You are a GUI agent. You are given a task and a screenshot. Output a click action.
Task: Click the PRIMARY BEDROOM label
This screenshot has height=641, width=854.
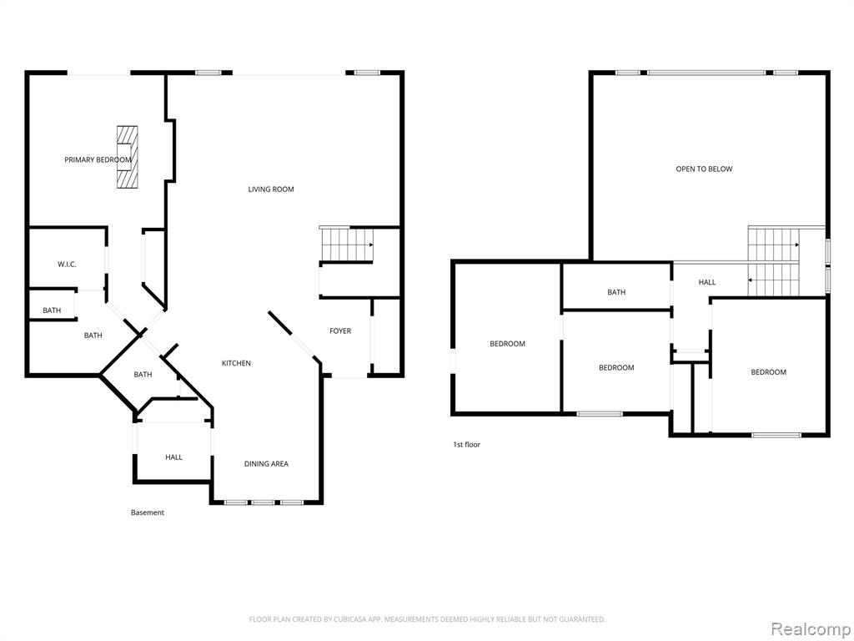[x=98, y=159]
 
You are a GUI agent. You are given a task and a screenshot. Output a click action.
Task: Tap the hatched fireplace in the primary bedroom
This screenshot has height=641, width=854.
[x=127, y=157]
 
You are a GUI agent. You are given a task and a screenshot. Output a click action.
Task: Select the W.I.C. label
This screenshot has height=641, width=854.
[x=67, y=265]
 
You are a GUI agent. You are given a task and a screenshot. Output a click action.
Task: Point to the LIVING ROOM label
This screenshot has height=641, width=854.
[x=271, y=189]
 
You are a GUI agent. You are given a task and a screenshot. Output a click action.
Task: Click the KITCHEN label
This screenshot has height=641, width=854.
[x=236, y=363]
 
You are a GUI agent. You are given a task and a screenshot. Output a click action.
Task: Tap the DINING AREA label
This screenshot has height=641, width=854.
[x=266, y=464]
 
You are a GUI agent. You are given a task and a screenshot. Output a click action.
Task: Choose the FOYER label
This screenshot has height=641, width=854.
[x=340, y=331]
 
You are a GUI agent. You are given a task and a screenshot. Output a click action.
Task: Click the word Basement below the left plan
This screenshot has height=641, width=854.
[x=148, y=512]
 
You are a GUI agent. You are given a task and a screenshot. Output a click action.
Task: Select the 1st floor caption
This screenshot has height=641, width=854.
[x=467, y=444]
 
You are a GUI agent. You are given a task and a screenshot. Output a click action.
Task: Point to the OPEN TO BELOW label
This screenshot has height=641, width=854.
[x=704, y=169]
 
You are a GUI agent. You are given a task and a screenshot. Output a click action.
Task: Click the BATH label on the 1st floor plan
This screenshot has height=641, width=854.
[x=616, y=292]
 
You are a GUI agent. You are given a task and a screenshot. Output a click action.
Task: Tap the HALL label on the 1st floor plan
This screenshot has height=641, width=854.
[x=707, y=282]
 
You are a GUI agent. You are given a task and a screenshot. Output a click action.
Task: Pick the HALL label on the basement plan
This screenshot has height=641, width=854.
[x=173, y=457]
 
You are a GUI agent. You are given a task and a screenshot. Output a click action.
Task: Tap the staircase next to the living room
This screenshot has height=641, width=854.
[x=346, y=245]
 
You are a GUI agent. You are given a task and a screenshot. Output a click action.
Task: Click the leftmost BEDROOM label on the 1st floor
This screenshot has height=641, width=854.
[x=508, y=343]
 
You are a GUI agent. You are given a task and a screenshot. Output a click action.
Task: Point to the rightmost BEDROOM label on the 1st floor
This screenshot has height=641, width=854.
[x=768, y=372]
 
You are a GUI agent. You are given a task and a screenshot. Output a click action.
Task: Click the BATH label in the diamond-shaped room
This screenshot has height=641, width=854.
[x=143, y=375]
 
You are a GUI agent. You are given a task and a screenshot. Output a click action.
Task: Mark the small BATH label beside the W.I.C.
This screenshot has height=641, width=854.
[x=52, y=310]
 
